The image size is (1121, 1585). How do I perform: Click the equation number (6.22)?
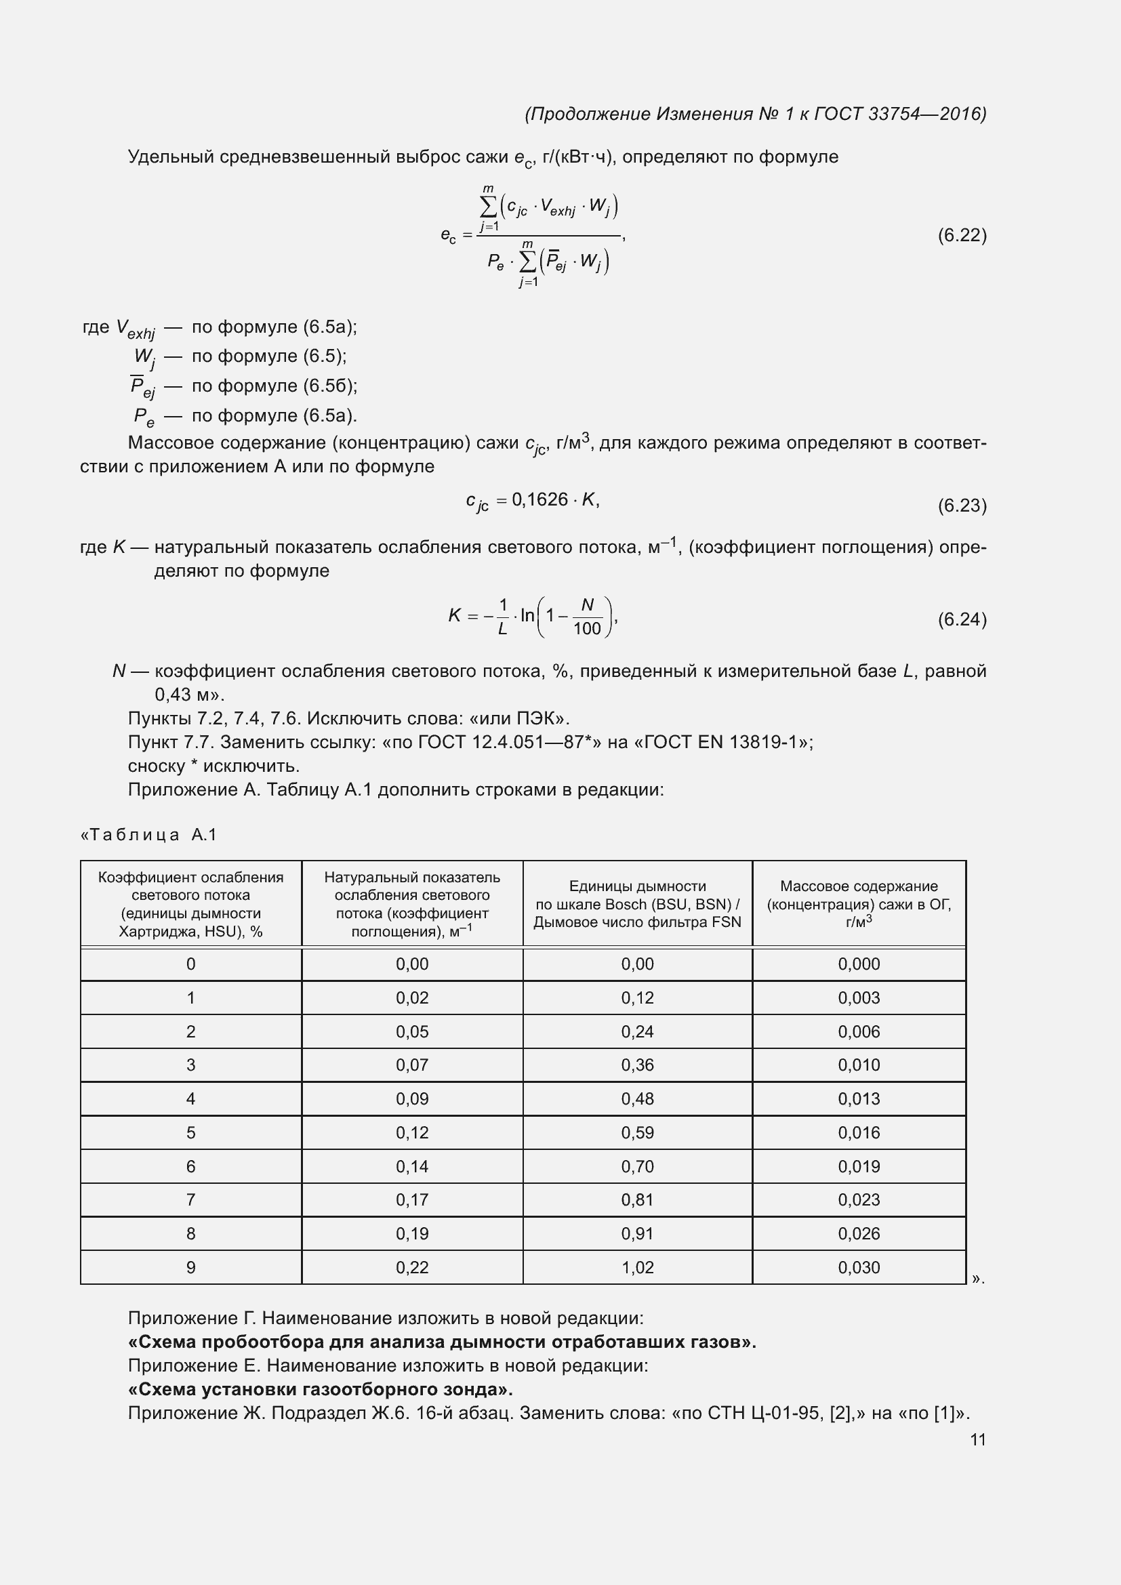tap(962, 235)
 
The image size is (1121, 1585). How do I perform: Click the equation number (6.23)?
tap(962, 506)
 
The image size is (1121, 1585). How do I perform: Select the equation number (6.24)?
tap(962, 619)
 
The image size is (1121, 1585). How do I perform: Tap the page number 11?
tap(977, 1439)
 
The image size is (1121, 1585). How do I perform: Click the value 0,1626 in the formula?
tap(539, 500)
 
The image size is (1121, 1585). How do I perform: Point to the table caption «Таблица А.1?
tap(149, 836)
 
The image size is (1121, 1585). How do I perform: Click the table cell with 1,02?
tap(637, 1267)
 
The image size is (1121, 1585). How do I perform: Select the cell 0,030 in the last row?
tap(859, 1267)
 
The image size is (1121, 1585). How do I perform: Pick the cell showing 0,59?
tap(637, 1133)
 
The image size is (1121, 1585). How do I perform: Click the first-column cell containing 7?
tap(190, 1200)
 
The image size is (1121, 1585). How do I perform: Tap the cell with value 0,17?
tap(412, 1200)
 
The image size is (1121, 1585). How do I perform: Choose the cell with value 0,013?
tap(859, 1099)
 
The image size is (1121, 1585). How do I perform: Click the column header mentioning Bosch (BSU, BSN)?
tap(637, 905)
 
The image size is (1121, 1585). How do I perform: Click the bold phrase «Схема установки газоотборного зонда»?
tap(321, 1389)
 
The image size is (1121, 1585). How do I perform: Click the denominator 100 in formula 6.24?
tap(587, 629)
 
